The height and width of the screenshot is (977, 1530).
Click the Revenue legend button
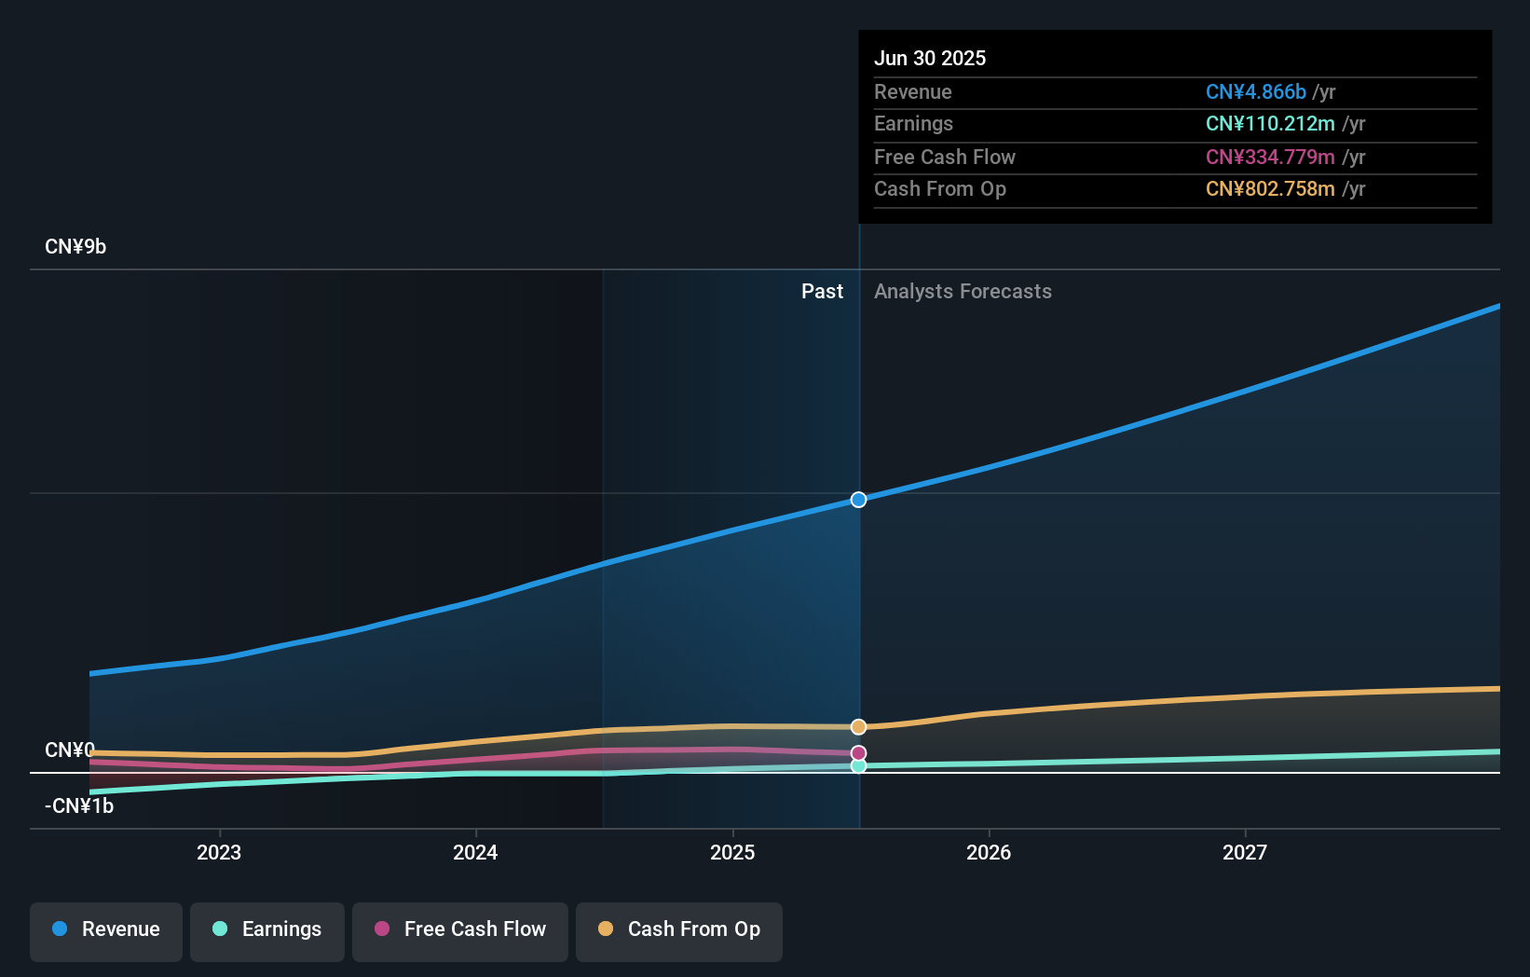click(106, 930)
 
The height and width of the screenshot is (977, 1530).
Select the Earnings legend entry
click(267, 930)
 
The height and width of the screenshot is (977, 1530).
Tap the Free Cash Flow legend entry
click(460, 930)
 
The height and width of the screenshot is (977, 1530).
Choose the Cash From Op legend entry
click(679, 930)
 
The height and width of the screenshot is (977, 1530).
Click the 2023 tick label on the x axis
click(219, 853)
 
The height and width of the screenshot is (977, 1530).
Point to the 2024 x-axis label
click(475, 853)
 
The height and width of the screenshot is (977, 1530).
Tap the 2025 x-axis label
click(732, 853)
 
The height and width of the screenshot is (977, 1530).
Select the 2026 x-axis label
click(989, 853)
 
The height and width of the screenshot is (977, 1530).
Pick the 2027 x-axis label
click(1245, 853)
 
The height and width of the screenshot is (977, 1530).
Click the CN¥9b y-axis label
click(75, 247)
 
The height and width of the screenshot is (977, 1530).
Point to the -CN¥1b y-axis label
click(79, 806)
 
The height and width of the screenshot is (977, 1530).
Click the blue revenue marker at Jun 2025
click(859, 500)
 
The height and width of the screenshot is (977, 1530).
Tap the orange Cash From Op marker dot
click(859, 727)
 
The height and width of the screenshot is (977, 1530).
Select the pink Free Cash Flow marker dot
click(859, 753)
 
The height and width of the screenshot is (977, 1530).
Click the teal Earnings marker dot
click(859, 766)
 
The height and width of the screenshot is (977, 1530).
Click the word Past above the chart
click(822, 292)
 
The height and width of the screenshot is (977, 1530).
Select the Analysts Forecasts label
click(963, 292)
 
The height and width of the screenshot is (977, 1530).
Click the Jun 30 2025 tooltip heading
click(930, 59)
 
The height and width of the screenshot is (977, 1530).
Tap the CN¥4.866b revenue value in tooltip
click(1255, 92)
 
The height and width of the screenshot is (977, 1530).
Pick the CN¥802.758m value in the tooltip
click(1270, 189)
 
